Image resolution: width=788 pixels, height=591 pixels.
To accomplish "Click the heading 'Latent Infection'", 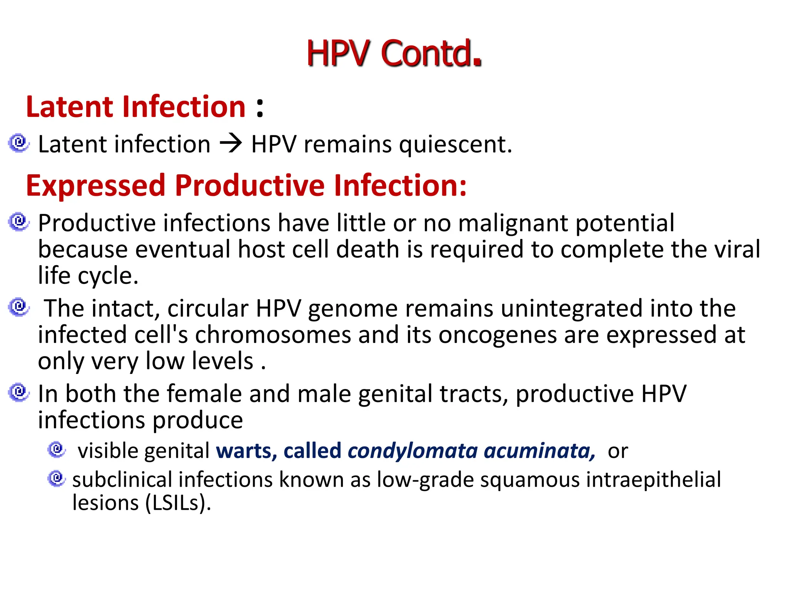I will (x=136, y=107).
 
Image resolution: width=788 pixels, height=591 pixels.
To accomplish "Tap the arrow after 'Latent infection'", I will (x=231, y=144).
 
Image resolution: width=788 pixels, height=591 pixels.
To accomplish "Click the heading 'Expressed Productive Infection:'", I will (x=246, y=185).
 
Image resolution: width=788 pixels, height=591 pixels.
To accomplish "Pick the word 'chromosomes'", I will (x=273, y=335).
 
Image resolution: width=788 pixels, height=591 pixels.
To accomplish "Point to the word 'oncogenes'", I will (x=498, y=336).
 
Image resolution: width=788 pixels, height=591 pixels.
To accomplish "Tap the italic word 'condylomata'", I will (x=412, y=451).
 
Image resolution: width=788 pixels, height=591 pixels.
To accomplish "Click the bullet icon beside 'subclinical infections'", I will (x=57, y=478).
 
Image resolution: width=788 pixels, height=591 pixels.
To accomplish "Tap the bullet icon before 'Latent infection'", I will (x=18, y=144).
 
